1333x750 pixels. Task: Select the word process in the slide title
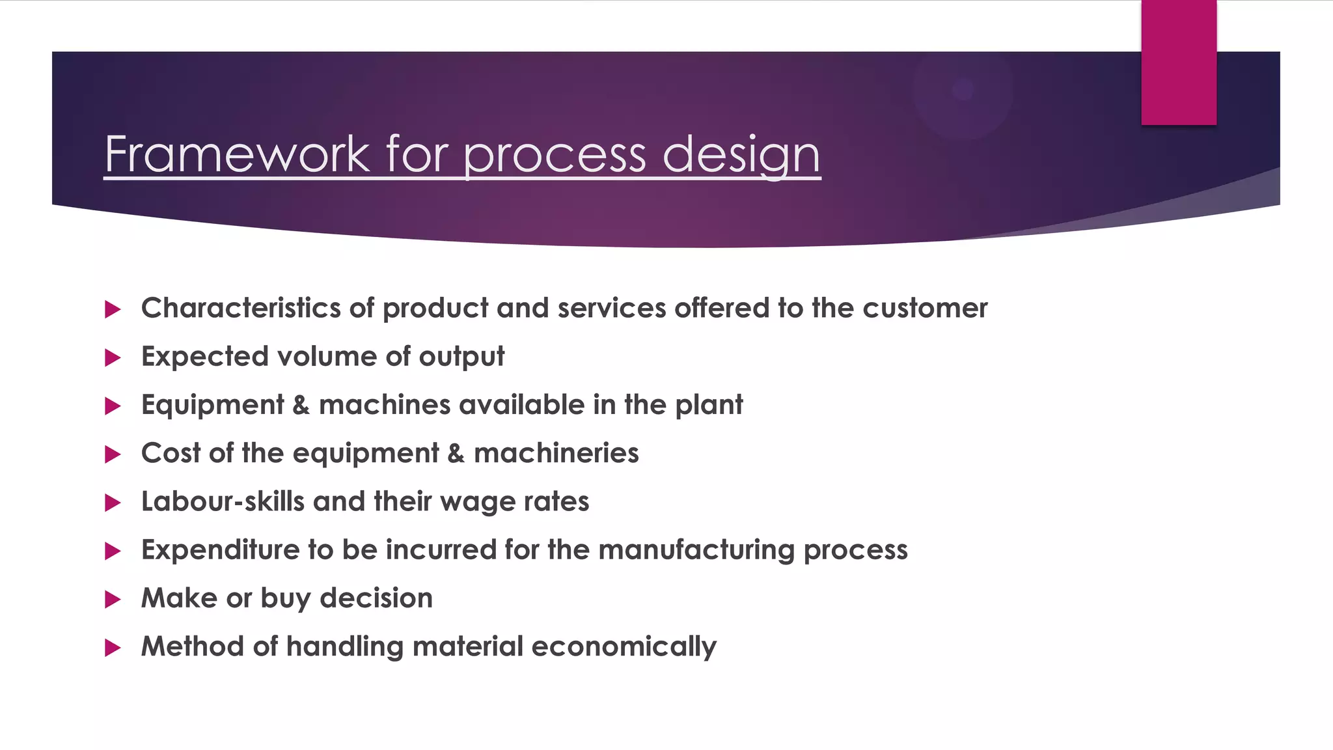555,155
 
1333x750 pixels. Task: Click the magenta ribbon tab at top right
1178,62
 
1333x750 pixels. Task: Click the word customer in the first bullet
925,308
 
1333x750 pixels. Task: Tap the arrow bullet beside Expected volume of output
113,357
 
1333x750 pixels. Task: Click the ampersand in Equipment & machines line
301,405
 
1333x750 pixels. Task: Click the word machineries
556,453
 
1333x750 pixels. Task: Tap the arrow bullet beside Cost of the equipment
113,454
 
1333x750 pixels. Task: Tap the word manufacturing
696,550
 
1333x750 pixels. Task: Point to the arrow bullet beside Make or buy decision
113,599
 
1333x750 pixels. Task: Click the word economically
624,646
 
